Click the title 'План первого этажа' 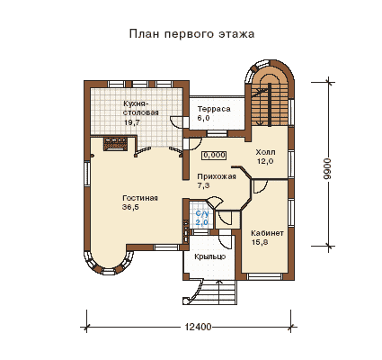[x=191, y=33]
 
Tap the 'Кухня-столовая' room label [x=141, y=108]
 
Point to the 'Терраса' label [x=214, y=109]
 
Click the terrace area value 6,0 [x=203, y=118]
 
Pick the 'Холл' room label [x=265, y=152]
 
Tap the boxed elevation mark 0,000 [x=214, y=155]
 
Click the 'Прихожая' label [x=217, y=176]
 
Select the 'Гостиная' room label [x=140, y=198]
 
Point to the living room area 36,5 [x=130, y=207]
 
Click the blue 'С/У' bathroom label [x=201, y=214]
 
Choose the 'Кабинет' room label [x=267, y=233]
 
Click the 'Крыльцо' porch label [x=209, y=257]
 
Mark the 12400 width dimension [x=198, y=327]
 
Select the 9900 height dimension [x=328, y=168]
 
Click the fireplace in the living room [x=116, y=143]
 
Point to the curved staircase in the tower [x=268, y=96]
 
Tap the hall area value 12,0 [x=265, y=161]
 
